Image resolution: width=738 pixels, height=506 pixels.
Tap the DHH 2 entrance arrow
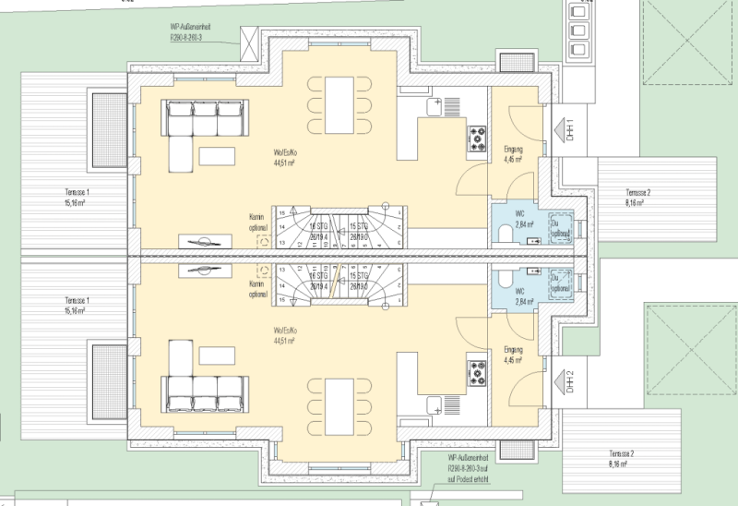click(560, 379)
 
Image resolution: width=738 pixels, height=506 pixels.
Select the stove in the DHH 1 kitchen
click(478, 138)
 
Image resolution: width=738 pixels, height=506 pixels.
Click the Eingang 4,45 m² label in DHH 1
click(514, 154)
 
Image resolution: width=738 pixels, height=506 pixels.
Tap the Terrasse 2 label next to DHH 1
click(637, 196)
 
